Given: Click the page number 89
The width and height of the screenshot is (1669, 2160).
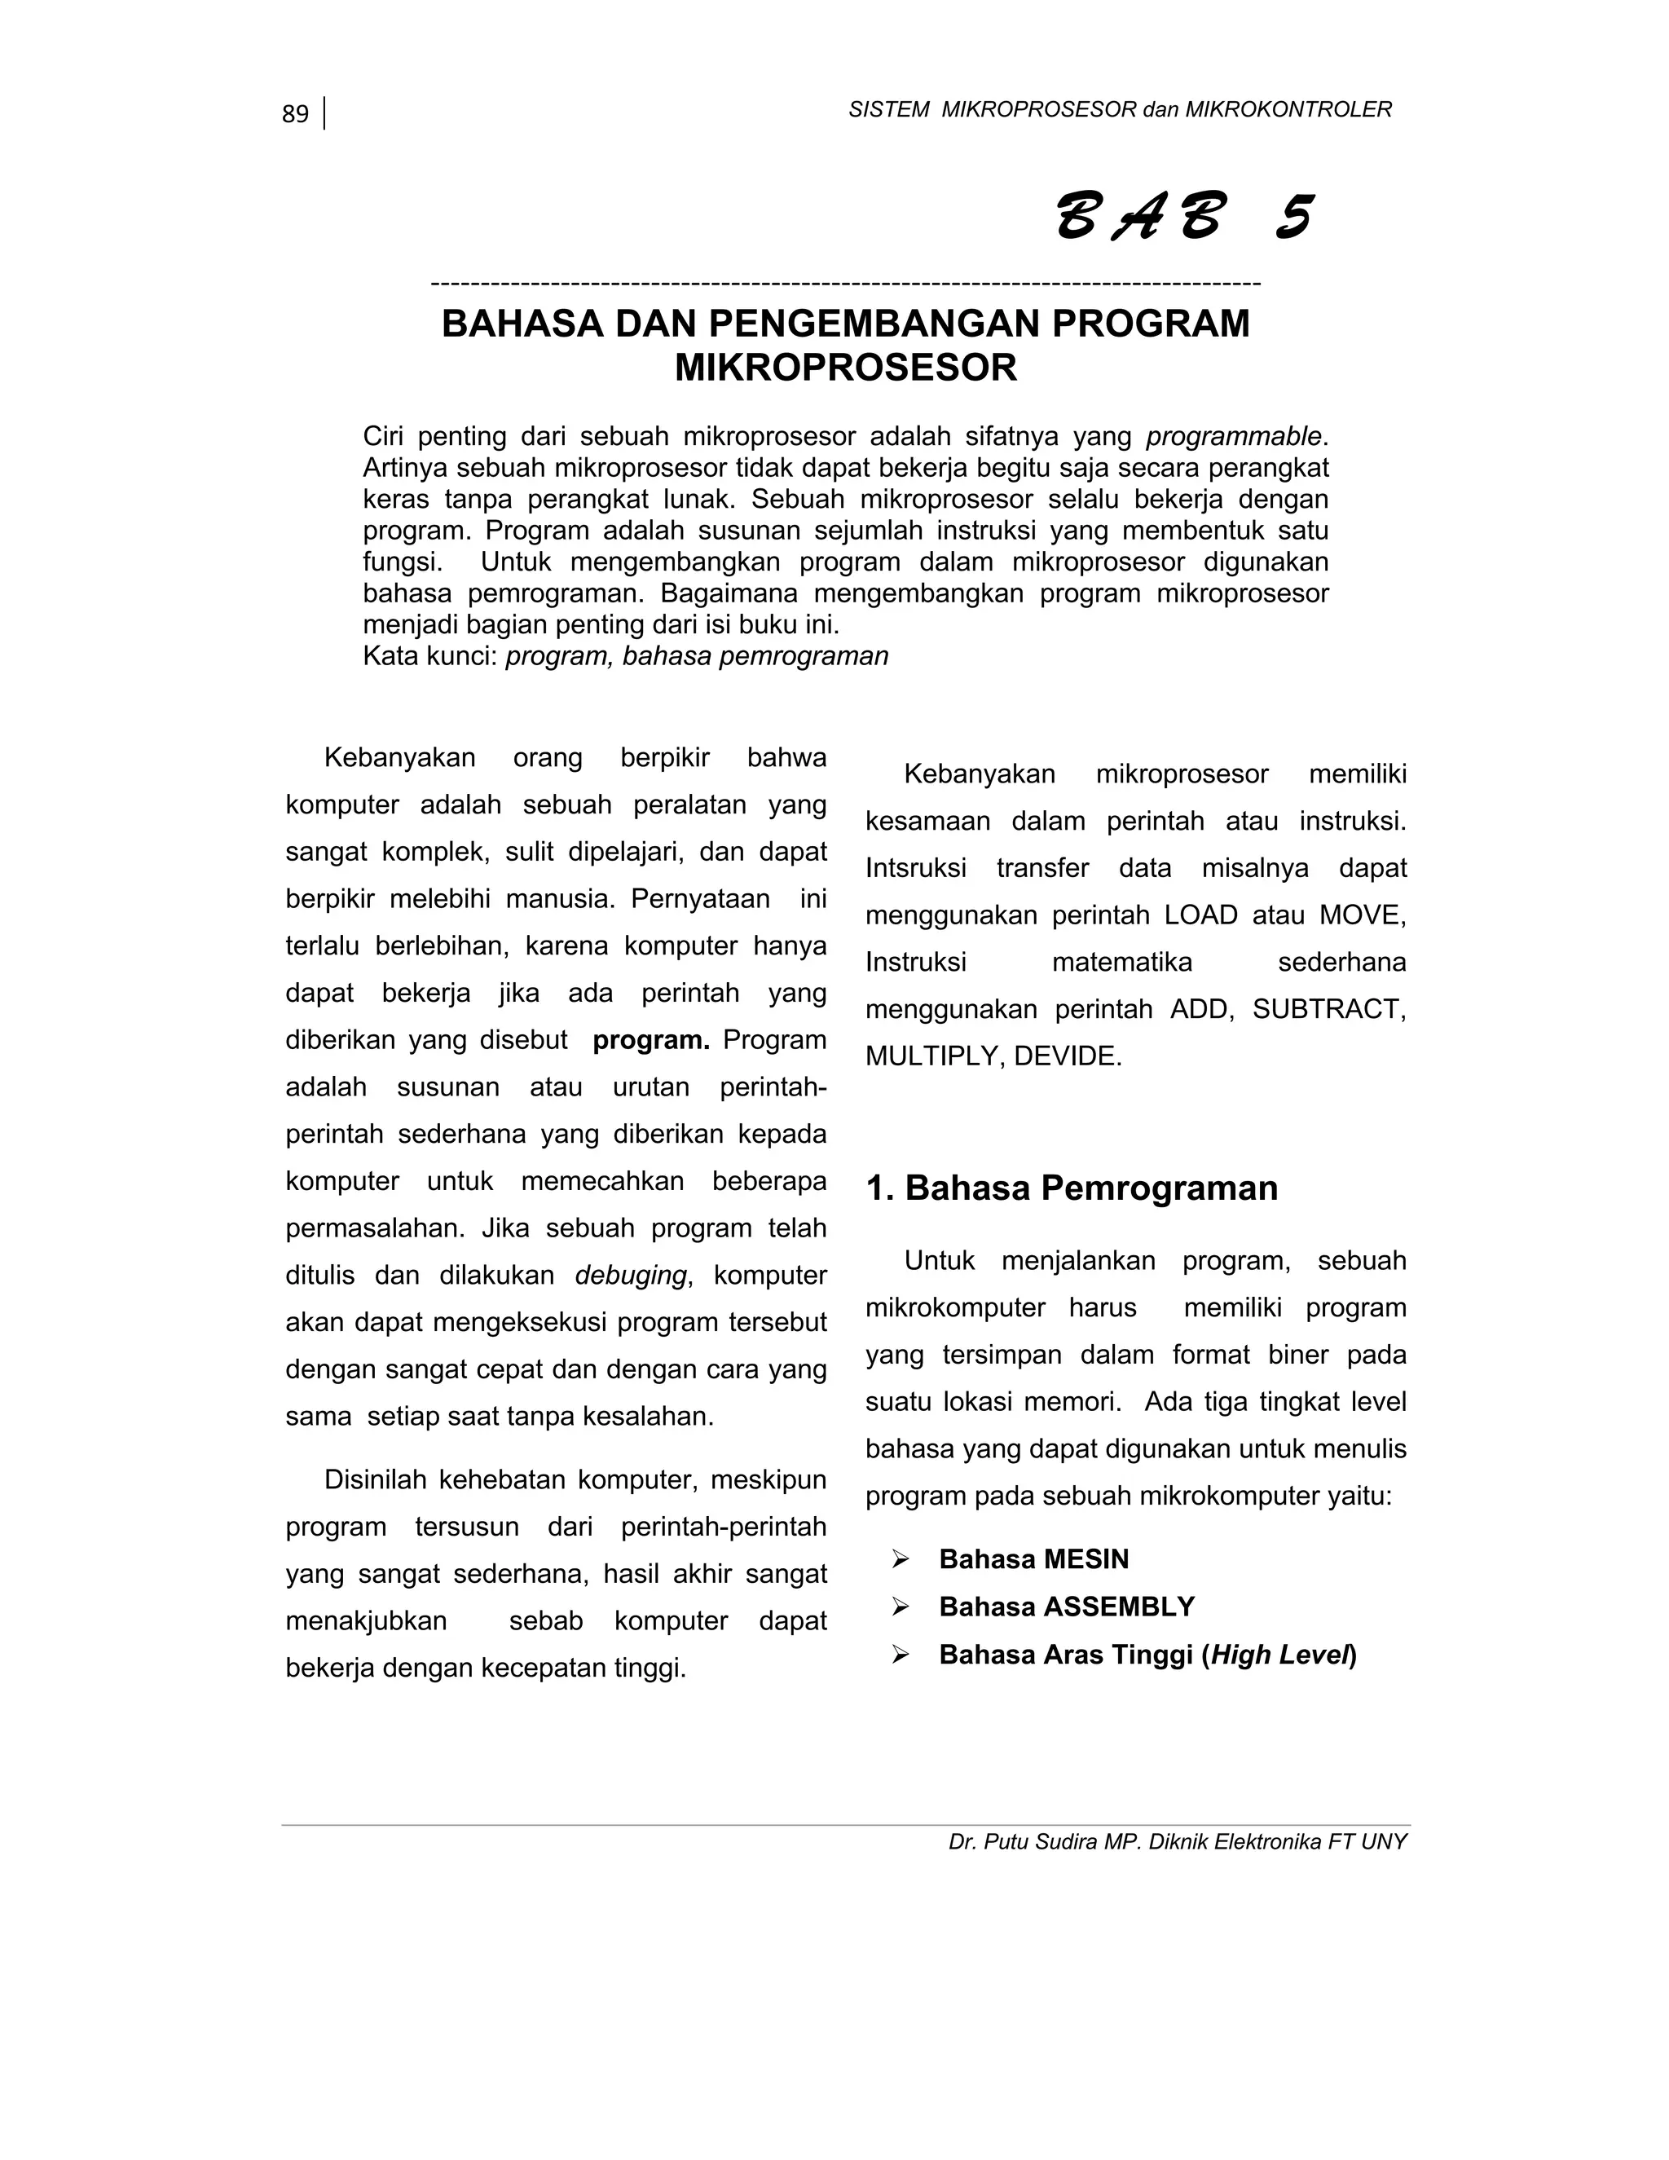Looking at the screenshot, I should [295, 115].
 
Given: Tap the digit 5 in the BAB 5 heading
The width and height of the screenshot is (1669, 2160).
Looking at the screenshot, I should [1292, 218].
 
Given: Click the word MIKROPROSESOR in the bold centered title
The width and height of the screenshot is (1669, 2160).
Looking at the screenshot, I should [845, 368].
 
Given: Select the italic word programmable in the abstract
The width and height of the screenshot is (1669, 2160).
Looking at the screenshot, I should [1233, 436].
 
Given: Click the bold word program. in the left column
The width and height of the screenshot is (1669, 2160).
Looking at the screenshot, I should [650, 1040].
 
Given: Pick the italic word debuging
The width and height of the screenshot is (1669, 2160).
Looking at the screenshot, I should [630, 1276].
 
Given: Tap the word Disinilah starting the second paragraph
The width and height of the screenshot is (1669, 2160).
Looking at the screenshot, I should [377, 1479].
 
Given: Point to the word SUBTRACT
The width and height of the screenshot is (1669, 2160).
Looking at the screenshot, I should [1327, 1009].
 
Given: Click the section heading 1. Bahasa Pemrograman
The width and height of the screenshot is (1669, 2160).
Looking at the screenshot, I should [1072, 1188].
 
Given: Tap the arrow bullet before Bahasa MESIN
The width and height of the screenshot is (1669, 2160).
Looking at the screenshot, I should [900, 1559].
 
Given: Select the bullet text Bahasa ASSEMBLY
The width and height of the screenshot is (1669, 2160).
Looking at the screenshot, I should [1066, 1607].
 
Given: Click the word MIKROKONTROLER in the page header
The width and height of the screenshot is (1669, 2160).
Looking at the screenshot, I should [1288, 110].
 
